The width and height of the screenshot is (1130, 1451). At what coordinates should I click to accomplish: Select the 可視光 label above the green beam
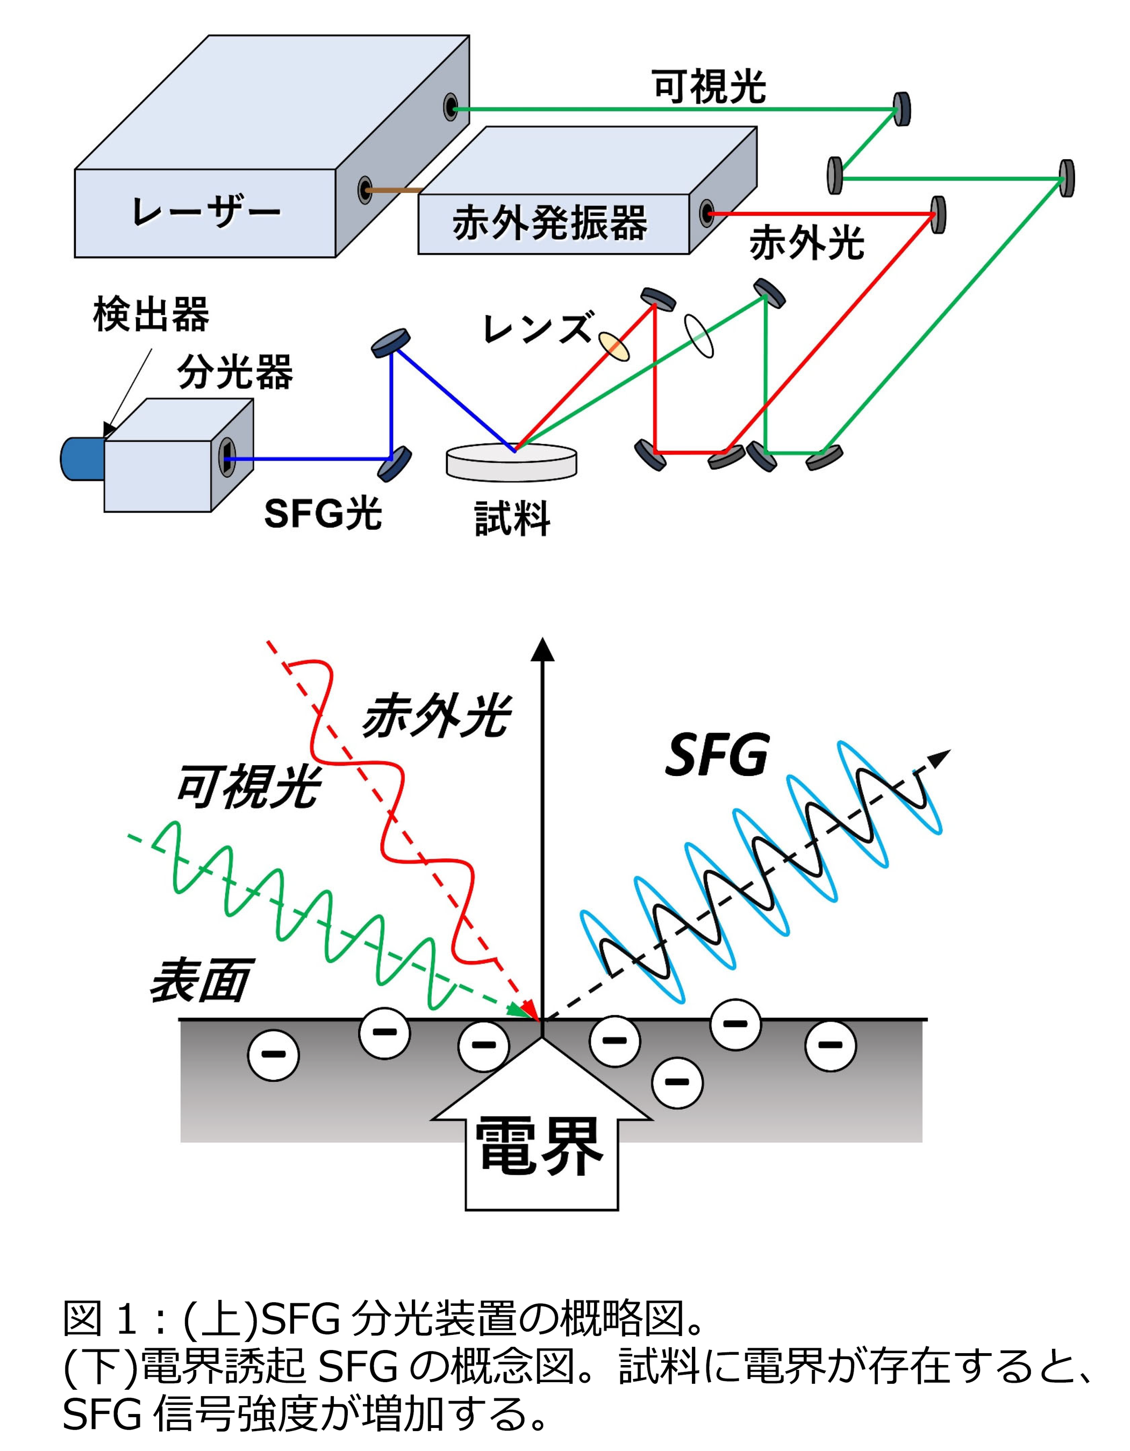(x=709, y=87)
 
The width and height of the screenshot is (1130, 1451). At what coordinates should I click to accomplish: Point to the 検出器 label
(x=151, y=314)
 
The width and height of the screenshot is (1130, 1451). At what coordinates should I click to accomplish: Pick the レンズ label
(x=537, y=327)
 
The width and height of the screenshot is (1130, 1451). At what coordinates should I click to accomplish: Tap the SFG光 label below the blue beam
(x=323, y=514)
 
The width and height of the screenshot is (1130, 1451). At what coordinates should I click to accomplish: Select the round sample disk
(x=511, y=462)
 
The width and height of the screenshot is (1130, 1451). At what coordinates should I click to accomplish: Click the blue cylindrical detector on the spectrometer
(x=81, y=458)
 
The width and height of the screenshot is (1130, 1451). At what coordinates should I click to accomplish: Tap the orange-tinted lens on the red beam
(x=613, y=346)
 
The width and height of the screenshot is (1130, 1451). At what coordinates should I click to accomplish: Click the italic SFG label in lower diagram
(x=717, y=756)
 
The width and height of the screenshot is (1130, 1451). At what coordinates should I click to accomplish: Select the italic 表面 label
(x=199, y=981)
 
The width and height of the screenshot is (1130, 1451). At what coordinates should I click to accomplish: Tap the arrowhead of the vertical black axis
(x=543, y=650)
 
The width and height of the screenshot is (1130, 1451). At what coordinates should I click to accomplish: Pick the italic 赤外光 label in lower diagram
(x=436, y=717)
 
